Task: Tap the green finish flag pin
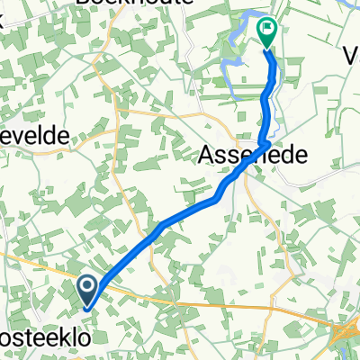pyautogui.click(x=268, y=32)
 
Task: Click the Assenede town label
pyautogui.click(x=251, y=154)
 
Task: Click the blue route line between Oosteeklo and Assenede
pyautogui.click(x=162, y=229)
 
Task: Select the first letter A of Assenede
pyautogui.click(x=205, y=155)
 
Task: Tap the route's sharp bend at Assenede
pyautogui.click(x=267, y=143)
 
